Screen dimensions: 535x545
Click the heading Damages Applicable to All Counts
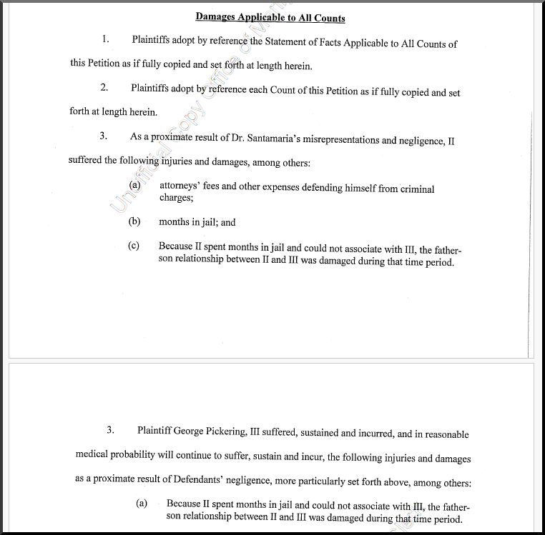point(270,17)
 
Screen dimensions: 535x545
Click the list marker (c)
point(134,246)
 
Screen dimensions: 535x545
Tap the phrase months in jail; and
point(197,222)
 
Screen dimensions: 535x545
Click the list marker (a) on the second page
point(142,504)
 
